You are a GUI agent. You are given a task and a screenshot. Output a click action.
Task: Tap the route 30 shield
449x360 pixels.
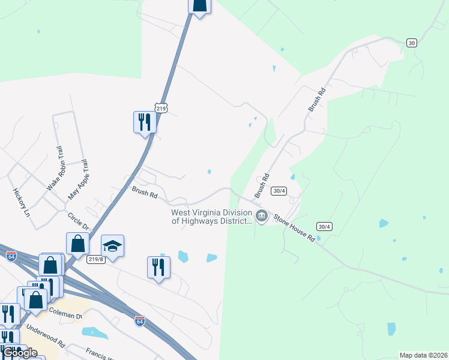(x=411, y=43)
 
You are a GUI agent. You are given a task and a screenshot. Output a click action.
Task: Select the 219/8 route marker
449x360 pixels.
(x=94, y=259)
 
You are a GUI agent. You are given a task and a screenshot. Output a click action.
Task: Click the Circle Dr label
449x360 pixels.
(x=78, y=221)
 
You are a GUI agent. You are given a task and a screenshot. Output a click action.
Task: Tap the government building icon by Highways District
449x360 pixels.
(x=261, y=216)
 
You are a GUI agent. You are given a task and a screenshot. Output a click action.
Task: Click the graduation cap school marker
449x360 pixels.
(x=112, y=245)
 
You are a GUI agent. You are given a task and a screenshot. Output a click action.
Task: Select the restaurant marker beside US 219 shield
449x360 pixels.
(x=145, y=122)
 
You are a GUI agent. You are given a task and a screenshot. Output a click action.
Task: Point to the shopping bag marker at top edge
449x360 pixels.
(x=200, y=5)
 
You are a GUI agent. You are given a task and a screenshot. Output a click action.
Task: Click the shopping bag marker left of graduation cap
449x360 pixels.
(x=78, y=244)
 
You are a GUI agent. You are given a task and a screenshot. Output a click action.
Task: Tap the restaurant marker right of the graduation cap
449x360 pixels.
(x=158, y=267)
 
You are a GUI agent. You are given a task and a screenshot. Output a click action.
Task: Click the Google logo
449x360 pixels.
(x=20, y=353)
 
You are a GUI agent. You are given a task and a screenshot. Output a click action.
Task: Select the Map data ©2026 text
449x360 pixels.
(x=423, y=355)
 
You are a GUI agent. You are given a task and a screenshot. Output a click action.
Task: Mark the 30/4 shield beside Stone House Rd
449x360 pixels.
(x=324, y=226)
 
